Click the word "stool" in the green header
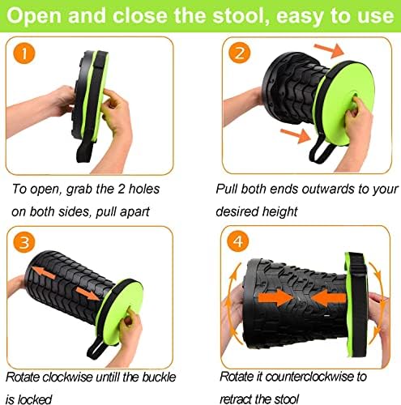(242, 15)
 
